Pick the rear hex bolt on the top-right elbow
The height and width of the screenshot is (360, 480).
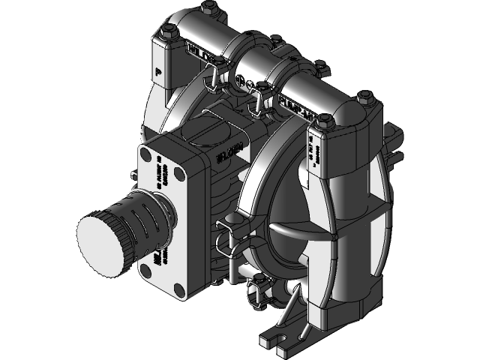pos(365,96)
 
